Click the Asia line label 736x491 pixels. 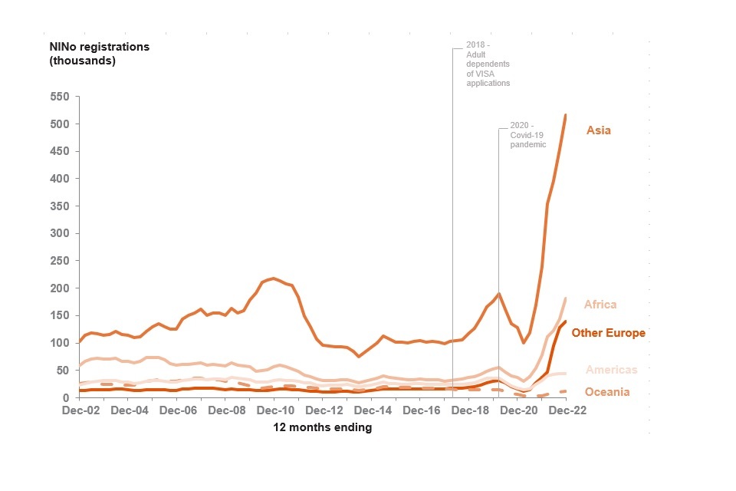pos(599,130)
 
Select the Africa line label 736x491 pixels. pos(600,305)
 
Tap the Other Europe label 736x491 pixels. pos(608,333)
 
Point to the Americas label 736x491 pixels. pos(611,370)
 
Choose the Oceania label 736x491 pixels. pos(607,392)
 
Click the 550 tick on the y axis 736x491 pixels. pos(60,97)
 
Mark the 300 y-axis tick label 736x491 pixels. pos(60,233)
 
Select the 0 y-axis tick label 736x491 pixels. pos(67,397)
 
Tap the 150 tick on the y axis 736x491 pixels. pos(60,315)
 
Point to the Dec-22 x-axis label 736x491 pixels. pos(567,410)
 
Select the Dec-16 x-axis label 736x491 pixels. pos(421,410)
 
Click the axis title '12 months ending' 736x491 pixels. pos(323,428)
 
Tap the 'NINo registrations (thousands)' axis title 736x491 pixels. pos(100,54)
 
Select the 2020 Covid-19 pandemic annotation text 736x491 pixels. pos(527,135)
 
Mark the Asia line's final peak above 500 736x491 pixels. pos(566,115)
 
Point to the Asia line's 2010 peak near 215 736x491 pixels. pos(274,278)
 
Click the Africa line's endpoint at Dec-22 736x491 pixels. pos(566,298)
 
